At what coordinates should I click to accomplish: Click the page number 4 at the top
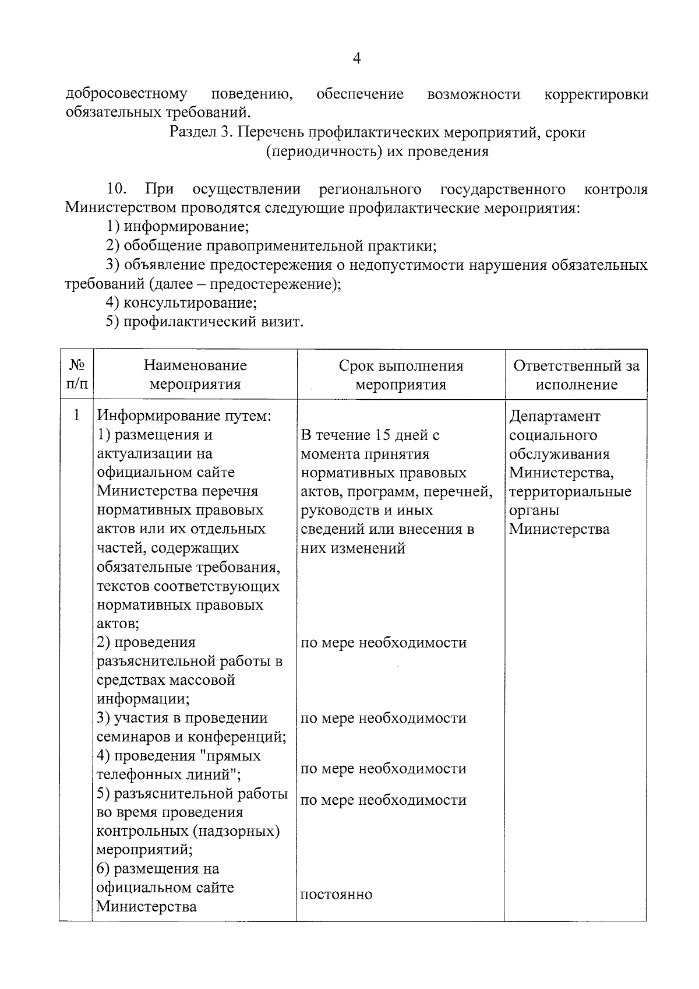click(356, 58)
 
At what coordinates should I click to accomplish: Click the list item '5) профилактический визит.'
click(204, 322)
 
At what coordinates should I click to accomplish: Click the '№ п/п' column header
click(77, 375)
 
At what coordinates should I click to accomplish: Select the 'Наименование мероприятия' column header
click(195, 375)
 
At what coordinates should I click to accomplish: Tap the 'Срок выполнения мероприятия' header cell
click(401, 375)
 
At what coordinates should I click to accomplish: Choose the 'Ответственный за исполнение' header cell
click(576, 375)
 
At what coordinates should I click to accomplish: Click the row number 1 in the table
click(76, 416)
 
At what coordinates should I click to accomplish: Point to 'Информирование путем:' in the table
click(184, 416)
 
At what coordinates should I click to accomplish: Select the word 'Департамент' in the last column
click(554, 416)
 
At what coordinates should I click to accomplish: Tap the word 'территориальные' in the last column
click(570, 491)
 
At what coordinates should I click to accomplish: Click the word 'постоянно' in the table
click(336, 895)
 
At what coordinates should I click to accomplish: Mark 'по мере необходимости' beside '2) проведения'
click(383, 643)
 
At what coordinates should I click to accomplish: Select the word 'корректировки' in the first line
click(595, 94)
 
